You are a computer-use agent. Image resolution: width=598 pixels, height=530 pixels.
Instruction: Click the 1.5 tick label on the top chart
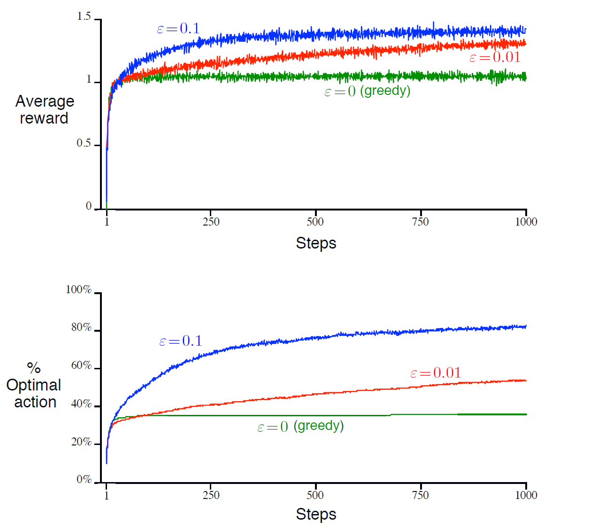point(84,17)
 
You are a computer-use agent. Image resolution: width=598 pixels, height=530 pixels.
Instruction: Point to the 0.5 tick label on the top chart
point(84,143)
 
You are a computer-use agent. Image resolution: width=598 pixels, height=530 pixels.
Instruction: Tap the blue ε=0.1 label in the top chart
point(178,29)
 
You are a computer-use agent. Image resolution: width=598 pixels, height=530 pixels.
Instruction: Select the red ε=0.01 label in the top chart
point(495,58)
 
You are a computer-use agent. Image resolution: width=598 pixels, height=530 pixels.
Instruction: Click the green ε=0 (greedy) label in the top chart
point(367,91)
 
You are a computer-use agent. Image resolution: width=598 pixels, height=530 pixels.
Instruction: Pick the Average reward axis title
point(45,109)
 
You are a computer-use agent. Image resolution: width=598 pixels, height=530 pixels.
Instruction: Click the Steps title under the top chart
point(316,243)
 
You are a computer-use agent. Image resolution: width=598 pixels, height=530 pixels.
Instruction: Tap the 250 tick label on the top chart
point(211,222)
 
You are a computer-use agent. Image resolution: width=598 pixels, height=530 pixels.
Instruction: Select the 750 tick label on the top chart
point(420,222)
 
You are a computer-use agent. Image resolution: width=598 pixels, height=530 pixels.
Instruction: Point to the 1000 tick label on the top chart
point(526,222)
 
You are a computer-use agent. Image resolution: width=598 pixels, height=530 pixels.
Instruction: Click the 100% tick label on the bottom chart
point(79,290)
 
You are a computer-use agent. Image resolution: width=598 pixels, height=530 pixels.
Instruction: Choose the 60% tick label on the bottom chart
point(81,366)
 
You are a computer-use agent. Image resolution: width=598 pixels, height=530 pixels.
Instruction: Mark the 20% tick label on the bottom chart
point(81,442)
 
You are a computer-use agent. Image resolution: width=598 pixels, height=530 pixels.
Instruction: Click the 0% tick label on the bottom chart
point(84,479)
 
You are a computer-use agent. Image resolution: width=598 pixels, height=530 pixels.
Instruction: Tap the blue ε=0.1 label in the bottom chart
point(181,341)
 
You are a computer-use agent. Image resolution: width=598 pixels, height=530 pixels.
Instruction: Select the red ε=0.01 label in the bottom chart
point(436,373)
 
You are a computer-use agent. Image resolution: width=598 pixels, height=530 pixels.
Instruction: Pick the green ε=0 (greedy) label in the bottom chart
point(300,426)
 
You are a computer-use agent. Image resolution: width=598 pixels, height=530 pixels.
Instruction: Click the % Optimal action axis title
point(34,385)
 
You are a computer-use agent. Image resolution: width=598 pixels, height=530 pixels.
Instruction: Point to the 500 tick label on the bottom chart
point(315,495)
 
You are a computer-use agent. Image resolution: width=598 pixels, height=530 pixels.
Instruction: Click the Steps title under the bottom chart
point(316,514)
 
